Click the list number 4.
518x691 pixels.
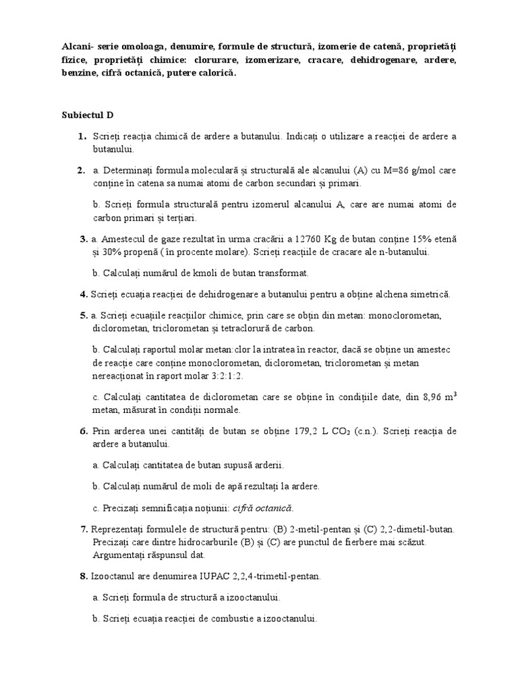(84, 294)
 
